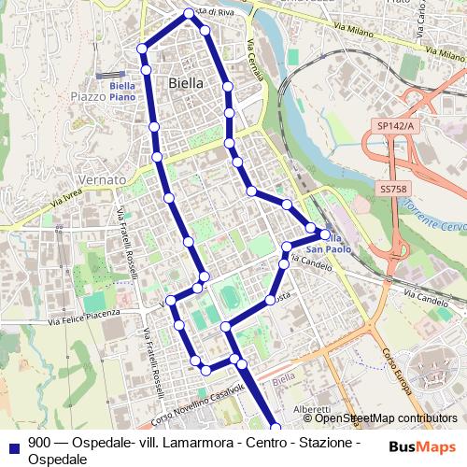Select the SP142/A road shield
pos(395,124)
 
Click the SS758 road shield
pos(393,189)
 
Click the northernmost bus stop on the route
pos(189,13)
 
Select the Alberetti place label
pos(310,409)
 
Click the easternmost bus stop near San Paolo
pos(325,234)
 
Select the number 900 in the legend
pos(39,443)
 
